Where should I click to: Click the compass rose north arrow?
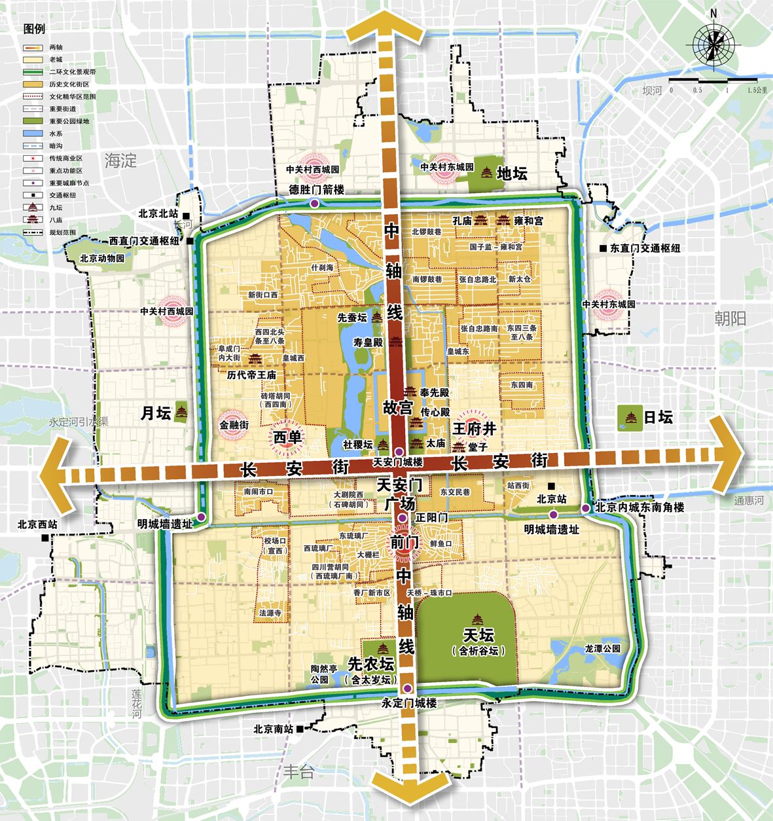[x=713, y=45]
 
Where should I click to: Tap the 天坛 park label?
[x=478, y=635]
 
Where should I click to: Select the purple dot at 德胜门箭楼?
[x=315, y=204]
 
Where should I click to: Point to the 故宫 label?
[x=397, y=407]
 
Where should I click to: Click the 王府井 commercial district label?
[x=474, y=429]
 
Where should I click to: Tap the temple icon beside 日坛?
[x=631, y=418]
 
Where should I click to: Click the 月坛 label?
[x=156, y=413]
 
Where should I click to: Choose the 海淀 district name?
[x=120, y=160]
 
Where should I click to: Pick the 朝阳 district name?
[x=730, y=319]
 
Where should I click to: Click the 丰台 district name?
[x=298, y=771]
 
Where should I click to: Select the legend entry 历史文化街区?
[x=69, y=84]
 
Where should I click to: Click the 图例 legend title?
[x=34, y=29]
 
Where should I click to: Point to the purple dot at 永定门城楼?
[x=408, y=688]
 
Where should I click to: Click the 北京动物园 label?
[x=102, y=259]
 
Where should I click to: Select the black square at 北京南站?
[x=299, y=728]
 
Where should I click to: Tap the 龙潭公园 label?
[x=602, y=649]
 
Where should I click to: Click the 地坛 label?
[x=511, y=173]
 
